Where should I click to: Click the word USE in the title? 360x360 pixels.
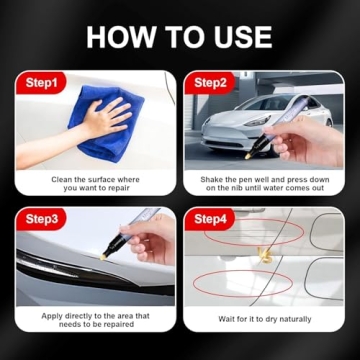pos(240,38)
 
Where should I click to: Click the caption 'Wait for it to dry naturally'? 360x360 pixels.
pos(264,319)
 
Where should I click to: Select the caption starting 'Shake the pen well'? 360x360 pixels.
pos(264,183)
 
